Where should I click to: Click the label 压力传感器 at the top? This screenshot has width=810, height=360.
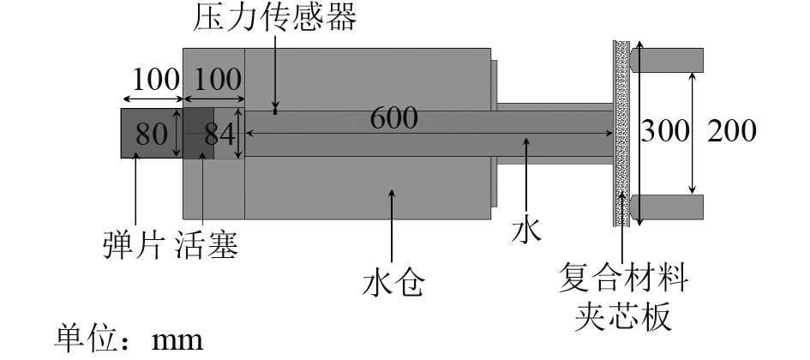273,18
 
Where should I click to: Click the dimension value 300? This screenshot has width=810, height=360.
666,131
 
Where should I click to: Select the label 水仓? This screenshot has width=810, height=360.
393,282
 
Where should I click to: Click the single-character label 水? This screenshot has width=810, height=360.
529,231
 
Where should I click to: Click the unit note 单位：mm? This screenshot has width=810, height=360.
129,339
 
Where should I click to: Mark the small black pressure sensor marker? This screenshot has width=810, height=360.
274,110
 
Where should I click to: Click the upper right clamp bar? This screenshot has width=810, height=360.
668,59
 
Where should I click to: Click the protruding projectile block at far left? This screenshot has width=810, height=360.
150,133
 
